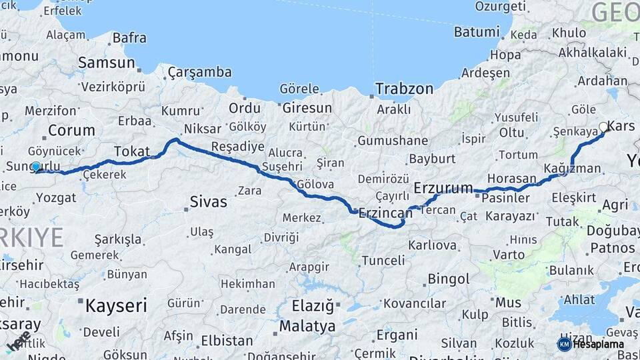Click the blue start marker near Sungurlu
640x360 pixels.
pos(35,167)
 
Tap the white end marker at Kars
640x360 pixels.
pos(604,127)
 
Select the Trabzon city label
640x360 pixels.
pos(404,88)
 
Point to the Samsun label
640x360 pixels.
pos(107,63)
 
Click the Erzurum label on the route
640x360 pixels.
pos(443,187)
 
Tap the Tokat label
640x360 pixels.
pos(132,151)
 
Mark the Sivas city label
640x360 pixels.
pos(208,201)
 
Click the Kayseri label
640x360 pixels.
pos(115,306)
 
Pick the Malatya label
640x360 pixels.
pos(307,327)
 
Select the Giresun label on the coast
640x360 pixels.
pos(307,107)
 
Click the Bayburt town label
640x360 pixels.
pos(431,159)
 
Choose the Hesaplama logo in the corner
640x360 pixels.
pos(593,344)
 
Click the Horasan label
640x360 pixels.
pos(511,179)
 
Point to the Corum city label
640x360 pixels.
pos(72,130)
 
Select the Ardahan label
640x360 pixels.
pos(603,81)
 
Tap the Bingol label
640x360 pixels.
pos(449,278)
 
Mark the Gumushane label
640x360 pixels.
pos(393,141)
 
